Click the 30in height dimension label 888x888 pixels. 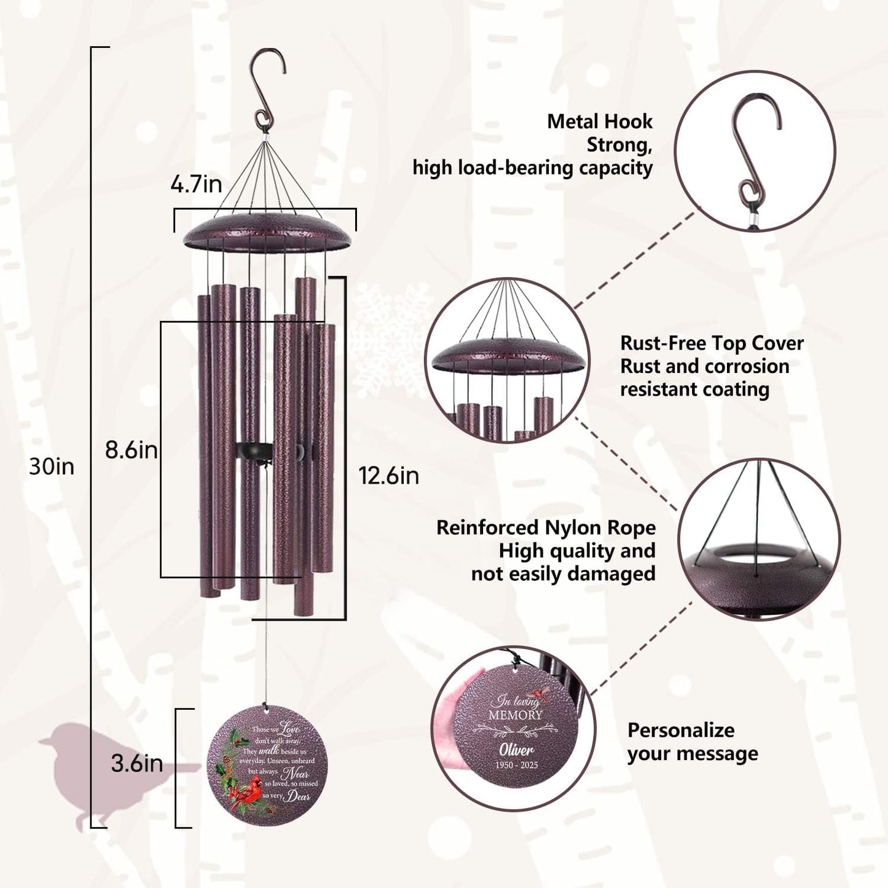[52, 466]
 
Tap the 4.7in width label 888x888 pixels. [196, 184]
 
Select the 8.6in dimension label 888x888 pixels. [131, 450]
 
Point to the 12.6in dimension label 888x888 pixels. [389, 475]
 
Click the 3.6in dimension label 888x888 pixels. [136, 763]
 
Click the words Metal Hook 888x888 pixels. [599, 121]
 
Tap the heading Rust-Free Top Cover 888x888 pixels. [712, 343]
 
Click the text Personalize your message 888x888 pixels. [692, 742]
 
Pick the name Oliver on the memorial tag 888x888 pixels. [516, 749]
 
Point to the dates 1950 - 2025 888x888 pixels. [516, 765]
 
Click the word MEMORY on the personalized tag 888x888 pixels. [515, 715]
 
